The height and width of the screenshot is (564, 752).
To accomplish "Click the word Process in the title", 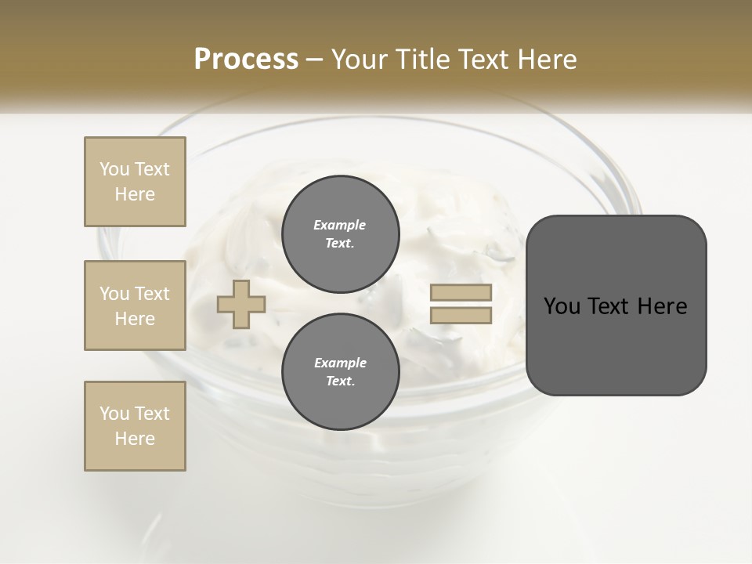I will pyautogui.click(x=246, y=60).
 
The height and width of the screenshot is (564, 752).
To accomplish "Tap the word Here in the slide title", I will pyautogui.click(x=545, y=60).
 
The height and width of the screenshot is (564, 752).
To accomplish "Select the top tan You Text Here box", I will pyautogui.click(x=135, y=182).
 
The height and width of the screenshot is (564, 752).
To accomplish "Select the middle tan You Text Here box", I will pyautogui.click(x=135, y=305).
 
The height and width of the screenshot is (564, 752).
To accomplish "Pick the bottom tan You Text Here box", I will pyautogui.click(x=135, y=426).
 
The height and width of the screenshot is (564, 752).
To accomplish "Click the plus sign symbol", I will pyautogui.click(x=241, y=304).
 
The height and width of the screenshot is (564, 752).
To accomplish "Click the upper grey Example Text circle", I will pyautogui.click(x=340, y=233).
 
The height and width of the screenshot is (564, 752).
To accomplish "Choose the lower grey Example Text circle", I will pyautogui.click(x=340, y=371).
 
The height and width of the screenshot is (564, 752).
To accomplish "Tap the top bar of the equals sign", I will pyautogui.click(x=461, y=292).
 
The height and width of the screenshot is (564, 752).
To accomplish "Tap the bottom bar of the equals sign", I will pyautogui.click(x=461, y=316).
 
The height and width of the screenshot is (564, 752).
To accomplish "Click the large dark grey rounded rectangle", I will pyautogui.click(x=616, y=345).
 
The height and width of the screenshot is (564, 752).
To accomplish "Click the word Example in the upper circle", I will pyautogui.click(x=340, y=225).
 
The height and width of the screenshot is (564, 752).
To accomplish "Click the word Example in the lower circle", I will pyautogui.click(x=340, y=363).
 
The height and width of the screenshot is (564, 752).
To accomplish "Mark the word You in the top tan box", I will pyautogui.click(x=114, y=169).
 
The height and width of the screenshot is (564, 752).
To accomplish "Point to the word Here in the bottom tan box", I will pyautogui.click(x=135, y=439).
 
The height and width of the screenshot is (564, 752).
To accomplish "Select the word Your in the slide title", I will pyautogui.click(x=359, y=60).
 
